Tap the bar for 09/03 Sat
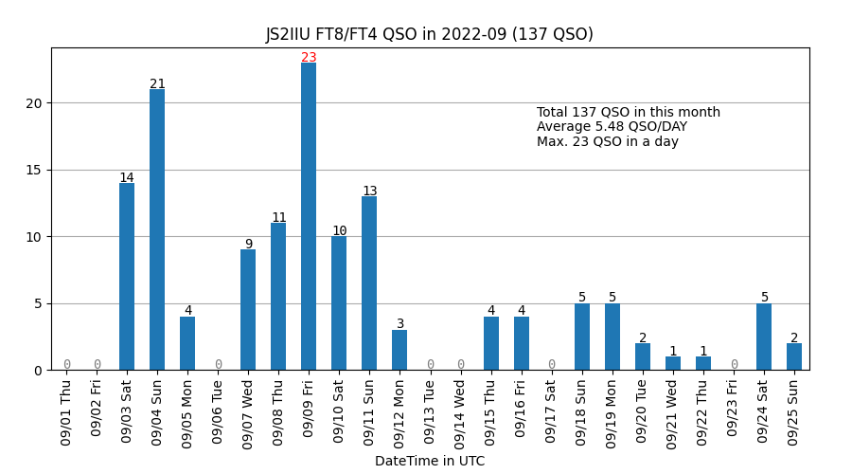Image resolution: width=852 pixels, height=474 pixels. pyautogui.click(x=127, y=276)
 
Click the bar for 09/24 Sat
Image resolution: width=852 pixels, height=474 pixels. pyautogui.click(x=764, y=337)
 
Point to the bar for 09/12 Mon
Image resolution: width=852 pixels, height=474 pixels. pyautogui.click(x=399, y=350)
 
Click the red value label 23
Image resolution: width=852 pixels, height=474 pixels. pyautogui.click(x=309, y=58)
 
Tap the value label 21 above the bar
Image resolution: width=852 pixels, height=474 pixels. pyautogui.click(x=157, y=84)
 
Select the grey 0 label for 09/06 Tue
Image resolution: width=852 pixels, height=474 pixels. pyautogui.click(x=218, y=364)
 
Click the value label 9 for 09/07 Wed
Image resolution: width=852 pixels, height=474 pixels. pyautogui.click(x=248, y=245)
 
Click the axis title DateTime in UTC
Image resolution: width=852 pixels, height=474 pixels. pyautogui.click(x=430, y=462)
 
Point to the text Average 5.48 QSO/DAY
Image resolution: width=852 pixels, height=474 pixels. pyautogui.click(x=612, y=127)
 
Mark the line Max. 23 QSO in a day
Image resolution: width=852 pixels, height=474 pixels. pyautogui.click(x=608, y=142)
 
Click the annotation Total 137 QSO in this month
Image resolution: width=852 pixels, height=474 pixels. pyautogui.click(x=629, y=113)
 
